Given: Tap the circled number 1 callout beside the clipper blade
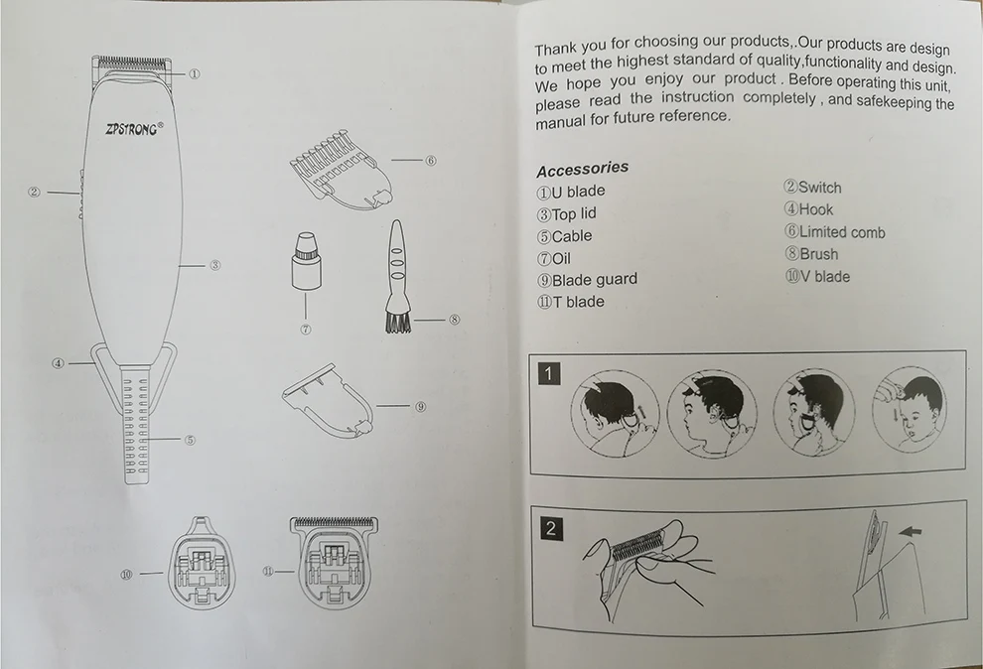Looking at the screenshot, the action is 195,73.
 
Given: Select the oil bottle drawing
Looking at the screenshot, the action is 305,261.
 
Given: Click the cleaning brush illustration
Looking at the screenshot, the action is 397,276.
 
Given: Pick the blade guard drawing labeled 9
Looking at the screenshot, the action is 328,401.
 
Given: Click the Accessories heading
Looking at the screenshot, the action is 583,169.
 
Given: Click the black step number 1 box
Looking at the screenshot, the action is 549,374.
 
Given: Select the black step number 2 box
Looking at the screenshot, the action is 550,528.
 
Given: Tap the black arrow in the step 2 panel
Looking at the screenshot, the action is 910,532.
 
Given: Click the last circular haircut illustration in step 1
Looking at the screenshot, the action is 910,409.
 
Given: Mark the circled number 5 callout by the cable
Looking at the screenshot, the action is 190,440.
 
